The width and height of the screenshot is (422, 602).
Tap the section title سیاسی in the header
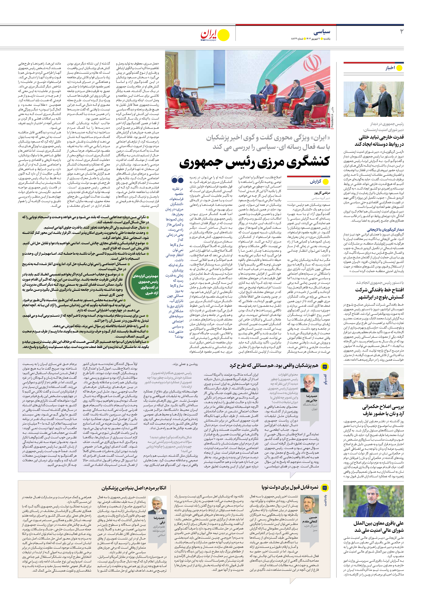click(322, 32)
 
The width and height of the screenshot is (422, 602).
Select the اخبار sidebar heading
click(390, 68)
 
